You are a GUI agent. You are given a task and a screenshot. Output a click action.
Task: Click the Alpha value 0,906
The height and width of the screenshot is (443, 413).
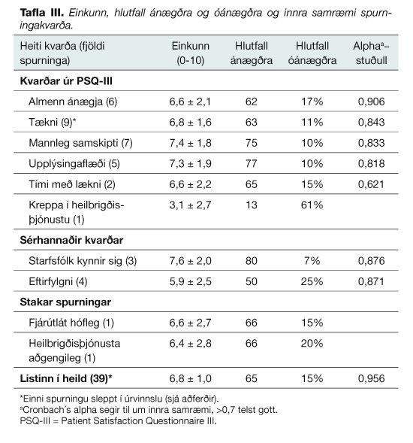(371, 102)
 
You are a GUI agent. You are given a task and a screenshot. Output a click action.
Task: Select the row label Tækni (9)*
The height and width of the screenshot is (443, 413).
(53, 122)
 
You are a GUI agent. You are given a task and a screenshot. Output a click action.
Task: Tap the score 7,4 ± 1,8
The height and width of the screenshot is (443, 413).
(190, 143)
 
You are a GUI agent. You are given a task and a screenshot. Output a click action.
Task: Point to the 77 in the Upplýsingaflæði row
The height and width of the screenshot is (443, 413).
(251, 163)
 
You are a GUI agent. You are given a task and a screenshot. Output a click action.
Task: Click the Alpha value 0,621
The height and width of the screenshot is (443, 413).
(371, 184)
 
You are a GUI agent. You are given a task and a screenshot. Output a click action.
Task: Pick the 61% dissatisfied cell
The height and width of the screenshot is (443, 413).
(312, 205)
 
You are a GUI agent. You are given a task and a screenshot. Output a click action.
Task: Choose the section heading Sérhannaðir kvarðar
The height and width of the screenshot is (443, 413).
(71, 240)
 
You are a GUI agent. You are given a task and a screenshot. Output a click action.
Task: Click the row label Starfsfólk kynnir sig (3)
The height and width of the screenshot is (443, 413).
(83, 261)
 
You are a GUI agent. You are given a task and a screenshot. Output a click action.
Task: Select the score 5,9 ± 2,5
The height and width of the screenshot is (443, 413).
(190, 281)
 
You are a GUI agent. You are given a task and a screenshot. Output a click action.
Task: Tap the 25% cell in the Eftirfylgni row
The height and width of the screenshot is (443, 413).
(312, 281)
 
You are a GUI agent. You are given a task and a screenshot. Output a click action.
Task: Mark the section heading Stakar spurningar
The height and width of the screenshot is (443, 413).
(65, 302)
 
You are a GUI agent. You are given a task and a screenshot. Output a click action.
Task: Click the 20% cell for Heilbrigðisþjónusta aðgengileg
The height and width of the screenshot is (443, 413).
(312, 343)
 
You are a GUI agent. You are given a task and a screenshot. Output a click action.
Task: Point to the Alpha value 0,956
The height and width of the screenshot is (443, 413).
(371, 378)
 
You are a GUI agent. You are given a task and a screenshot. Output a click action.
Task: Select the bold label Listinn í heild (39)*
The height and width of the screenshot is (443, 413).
(66, 378)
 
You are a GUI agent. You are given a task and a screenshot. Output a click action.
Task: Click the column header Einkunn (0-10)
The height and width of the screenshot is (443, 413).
(191, 53)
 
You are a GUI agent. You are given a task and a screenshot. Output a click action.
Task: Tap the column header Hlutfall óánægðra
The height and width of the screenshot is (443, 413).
(312, 53)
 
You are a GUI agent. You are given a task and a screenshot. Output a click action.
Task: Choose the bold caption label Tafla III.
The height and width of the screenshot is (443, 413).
(42, 13)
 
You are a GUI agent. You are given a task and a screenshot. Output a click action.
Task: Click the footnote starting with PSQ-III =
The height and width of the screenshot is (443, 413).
(118, 421)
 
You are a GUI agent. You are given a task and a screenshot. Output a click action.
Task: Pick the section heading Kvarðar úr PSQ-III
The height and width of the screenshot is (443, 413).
(66, 81)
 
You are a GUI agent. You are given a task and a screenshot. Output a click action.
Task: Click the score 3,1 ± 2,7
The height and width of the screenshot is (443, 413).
(190, 205)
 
